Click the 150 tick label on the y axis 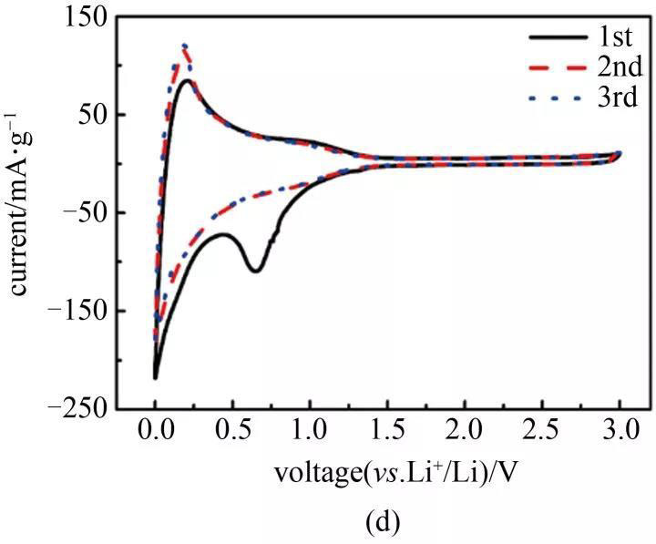click(80, 18)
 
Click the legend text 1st click(617, 37)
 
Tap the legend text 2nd click(620, 67)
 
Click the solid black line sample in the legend click(557, 38)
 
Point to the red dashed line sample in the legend click(557, 68)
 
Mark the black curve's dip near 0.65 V click(256, 271)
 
